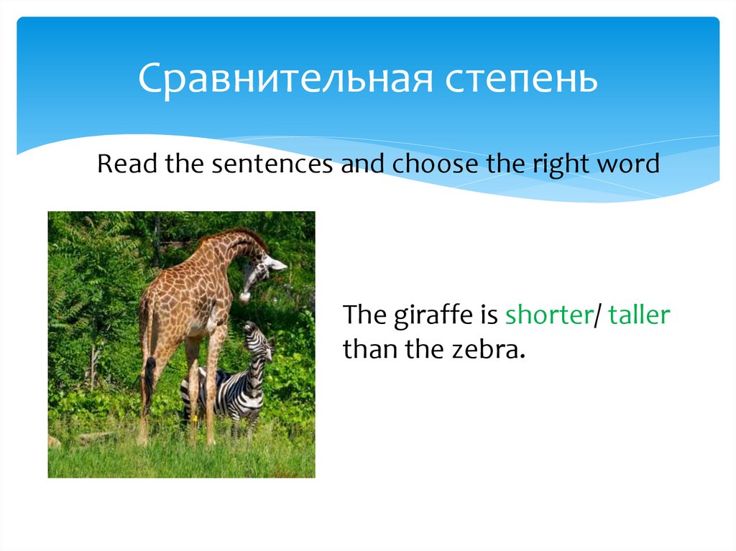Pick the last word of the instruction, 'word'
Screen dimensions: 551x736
pos(629,164)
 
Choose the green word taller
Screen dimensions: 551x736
pos(639,315)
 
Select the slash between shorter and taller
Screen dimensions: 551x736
pos(597,315)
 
